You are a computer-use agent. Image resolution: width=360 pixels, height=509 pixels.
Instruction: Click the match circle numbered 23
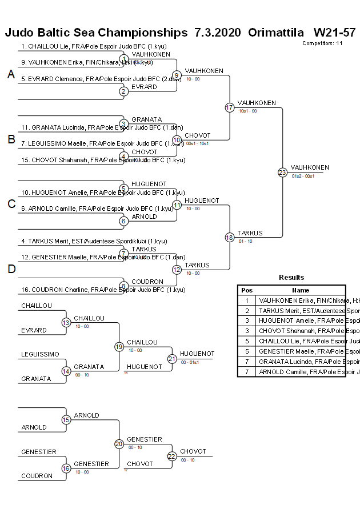[x=282, y=172]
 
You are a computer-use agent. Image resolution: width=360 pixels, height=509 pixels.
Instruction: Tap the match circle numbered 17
[x=230, y=107]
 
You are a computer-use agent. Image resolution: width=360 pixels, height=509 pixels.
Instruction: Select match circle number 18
[x=230, y=237]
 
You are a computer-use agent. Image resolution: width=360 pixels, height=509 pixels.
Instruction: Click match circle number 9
[x=177, y=75]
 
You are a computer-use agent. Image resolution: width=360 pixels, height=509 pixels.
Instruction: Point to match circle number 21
[x=172, y=359]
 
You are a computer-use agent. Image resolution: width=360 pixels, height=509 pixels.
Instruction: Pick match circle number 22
[x=172, y=456]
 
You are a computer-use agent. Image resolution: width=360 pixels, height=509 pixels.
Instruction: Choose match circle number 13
[x=66, y=323]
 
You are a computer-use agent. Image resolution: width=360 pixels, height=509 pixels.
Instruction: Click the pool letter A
[x=11, y=74]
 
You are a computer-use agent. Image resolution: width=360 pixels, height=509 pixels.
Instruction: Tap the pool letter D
[x=11, y=269]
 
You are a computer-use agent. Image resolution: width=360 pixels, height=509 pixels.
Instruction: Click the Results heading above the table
[x=291, y=278]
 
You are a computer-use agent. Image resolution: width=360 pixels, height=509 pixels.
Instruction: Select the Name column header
[x=301, y=290]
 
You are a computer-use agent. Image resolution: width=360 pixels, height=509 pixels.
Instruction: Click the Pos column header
[x=247, y=290]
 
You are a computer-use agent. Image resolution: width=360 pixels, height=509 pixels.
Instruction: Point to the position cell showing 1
[x=247, y=300]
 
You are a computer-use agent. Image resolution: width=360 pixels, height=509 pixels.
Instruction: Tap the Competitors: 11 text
[x=322, y=43]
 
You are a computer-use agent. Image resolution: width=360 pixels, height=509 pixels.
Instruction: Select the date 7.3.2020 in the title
[x=218, y=33]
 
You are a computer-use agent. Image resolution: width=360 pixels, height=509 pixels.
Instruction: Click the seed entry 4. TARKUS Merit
[x=94, y=241]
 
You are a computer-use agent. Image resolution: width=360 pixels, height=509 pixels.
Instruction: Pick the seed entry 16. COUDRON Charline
[x=103, y=290]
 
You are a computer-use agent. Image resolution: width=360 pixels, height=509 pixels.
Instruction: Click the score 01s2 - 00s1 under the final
[x=303, y=176]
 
